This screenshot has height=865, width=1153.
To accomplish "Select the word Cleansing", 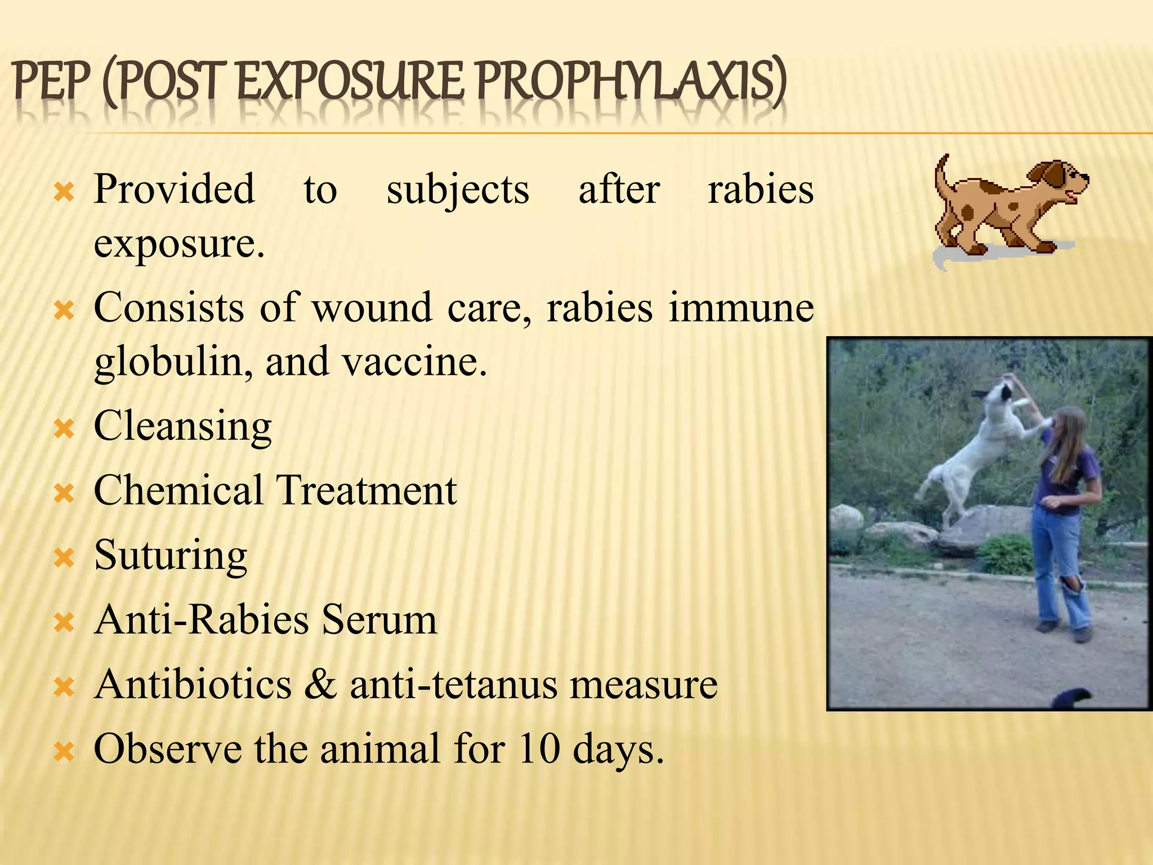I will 182,427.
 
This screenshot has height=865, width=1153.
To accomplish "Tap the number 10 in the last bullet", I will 539,749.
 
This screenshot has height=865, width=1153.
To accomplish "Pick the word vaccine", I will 414,362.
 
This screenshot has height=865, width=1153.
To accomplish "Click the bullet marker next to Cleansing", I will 64,430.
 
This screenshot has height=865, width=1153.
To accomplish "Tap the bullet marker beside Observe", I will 64,752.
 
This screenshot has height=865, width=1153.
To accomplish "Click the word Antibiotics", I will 193,685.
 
